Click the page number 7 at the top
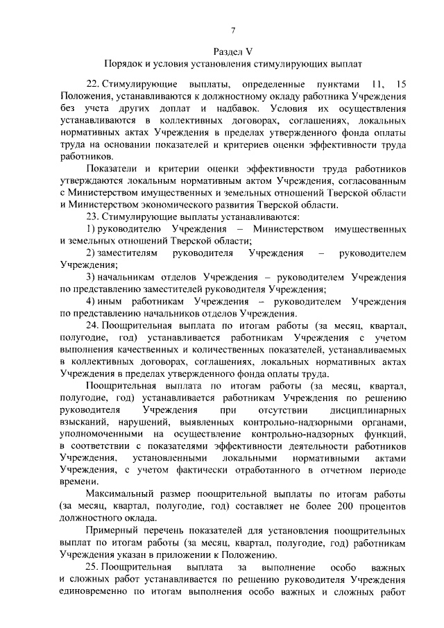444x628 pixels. coord(234,29)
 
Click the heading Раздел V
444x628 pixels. coord(233,51)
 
